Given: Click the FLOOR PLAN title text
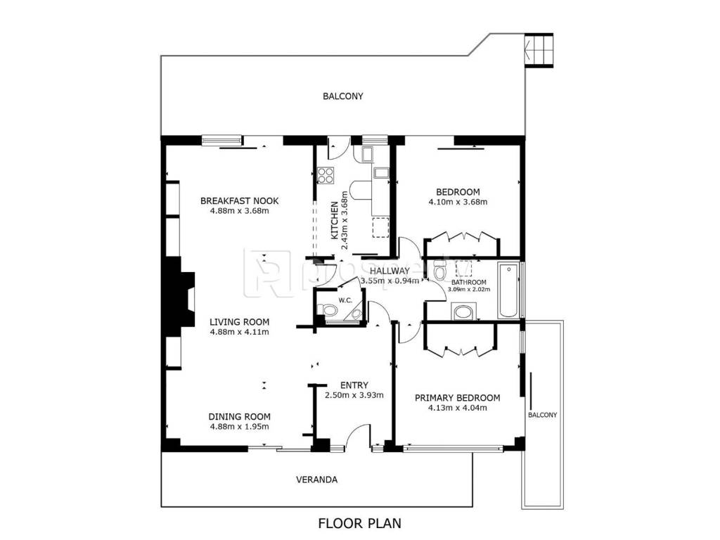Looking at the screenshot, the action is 359,523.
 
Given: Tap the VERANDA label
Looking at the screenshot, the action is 317,480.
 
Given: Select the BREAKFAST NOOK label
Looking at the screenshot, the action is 239,200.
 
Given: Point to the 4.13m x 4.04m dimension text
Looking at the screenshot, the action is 457,408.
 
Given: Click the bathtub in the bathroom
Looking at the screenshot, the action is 509,290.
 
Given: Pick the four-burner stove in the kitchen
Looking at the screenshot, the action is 326,175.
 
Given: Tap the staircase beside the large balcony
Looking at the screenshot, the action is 539,50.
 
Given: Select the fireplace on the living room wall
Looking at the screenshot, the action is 180,298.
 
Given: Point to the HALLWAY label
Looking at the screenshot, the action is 390,271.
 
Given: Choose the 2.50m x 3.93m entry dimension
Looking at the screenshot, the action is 354,395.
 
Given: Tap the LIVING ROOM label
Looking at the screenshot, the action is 239,322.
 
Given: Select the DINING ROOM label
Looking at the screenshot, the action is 239,416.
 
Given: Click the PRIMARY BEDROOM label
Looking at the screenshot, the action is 457,398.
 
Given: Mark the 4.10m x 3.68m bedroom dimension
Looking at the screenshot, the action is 458,202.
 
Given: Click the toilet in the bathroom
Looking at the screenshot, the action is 439,270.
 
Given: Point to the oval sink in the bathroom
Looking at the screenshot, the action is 464,312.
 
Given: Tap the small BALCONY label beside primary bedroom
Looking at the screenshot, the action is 542,415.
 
